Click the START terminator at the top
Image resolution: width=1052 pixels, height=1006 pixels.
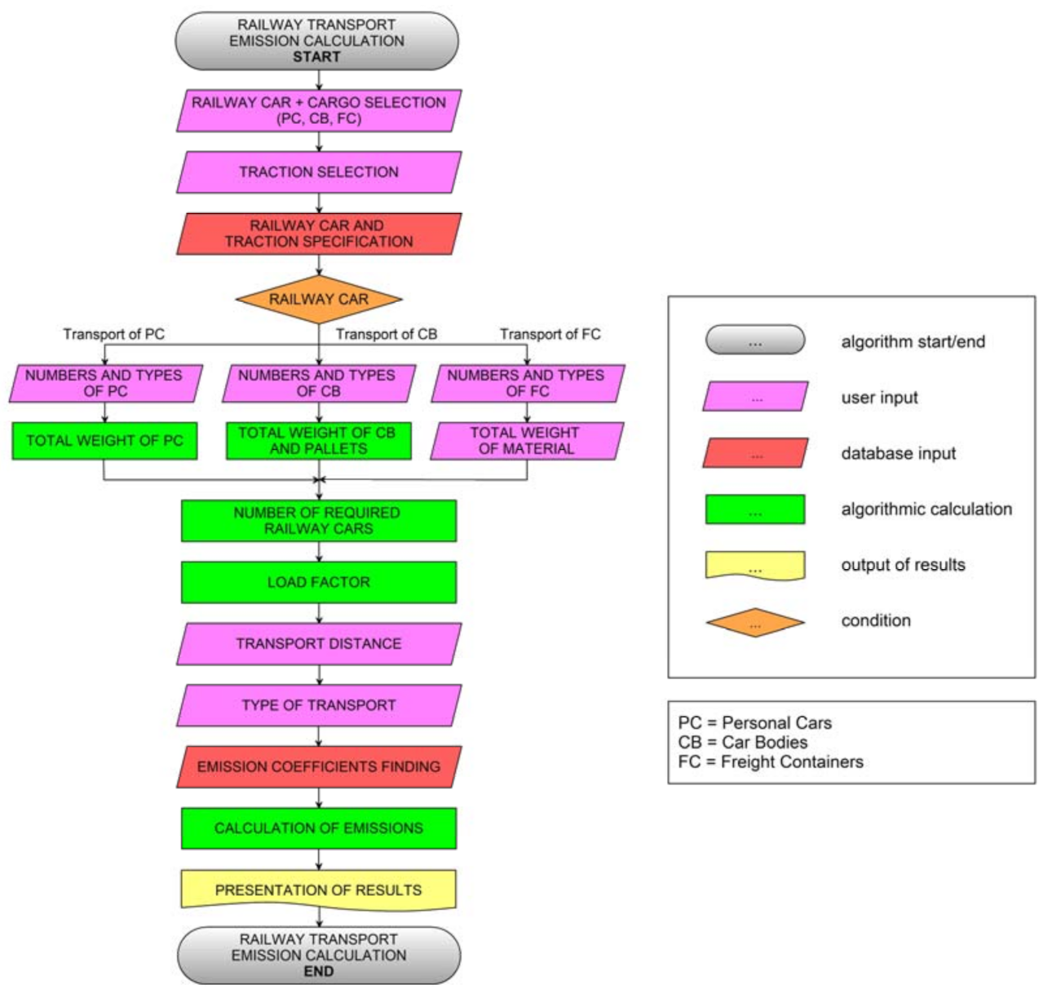[316, 41]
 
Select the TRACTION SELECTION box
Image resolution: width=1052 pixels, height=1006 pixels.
[319, 172]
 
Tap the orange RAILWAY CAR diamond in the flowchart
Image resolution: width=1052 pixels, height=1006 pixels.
[319, 299]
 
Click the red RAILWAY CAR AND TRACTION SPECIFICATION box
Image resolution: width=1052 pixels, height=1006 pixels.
[319, 234]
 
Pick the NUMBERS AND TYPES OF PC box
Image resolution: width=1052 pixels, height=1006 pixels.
[104, 383]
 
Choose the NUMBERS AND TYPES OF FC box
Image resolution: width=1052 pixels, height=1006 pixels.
[527, 383]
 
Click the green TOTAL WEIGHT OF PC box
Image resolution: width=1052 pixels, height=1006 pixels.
[104, 441]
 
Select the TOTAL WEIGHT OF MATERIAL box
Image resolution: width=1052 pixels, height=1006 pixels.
[527, 441]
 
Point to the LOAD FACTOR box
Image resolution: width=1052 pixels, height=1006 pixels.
[319, 582]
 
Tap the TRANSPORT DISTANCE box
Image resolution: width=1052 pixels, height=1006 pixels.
[319, 644]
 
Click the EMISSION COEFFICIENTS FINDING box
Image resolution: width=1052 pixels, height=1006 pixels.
[319, 766]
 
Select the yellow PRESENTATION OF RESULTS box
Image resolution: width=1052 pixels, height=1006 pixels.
[319, 889]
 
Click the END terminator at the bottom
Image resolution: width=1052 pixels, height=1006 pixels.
[319, 955]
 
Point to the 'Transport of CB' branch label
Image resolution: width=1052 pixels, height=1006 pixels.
[387, 334]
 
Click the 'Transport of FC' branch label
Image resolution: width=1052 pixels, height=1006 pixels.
[550, 334]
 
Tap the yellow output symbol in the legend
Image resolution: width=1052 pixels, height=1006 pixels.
[755, 565]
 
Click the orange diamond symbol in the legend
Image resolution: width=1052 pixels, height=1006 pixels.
[755, 623]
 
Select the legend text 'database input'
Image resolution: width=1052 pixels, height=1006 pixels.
[898, 453]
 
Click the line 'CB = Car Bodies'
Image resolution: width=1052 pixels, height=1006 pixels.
[743, 743]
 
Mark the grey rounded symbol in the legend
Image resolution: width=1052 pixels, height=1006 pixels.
[755, 341]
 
